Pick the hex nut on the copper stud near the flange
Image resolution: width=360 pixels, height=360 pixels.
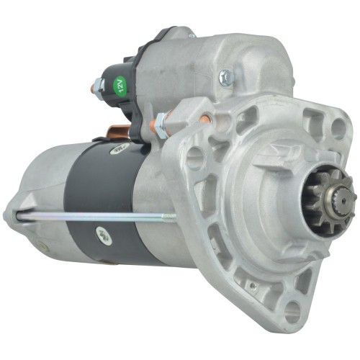tap(161, 127)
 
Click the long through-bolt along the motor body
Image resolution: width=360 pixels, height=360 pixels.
tap(94, 215)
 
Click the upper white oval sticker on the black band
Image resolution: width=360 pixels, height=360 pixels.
tap(117, 148)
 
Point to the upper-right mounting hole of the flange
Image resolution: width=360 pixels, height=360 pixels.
tap(337, 129)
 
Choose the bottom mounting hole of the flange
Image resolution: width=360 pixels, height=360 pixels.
tap(292, 311)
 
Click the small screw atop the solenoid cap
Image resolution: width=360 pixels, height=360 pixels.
tap(192, 34)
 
